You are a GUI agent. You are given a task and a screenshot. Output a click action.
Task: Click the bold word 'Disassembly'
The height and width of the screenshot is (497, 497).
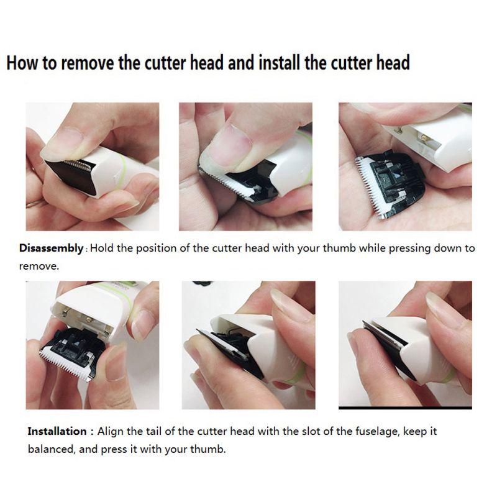[51, 248]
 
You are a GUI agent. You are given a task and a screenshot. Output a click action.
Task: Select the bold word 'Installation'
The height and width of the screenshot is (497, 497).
[57, 431]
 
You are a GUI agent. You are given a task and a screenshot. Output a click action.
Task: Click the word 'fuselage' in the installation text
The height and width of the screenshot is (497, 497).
[377, 432]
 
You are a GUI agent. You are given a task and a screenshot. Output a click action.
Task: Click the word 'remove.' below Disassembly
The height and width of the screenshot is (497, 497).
[39, 267]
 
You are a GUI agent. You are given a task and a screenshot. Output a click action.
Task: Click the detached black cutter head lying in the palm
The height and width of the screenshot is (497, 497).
[391, 184]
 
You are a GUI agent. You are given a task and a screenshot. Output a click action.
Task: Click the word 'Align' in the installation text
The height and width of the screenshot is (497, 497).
[111, 432]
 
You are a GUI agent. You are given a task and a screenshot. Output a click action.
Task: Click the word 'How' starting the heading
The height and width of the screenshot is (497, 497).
[22, 63]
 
